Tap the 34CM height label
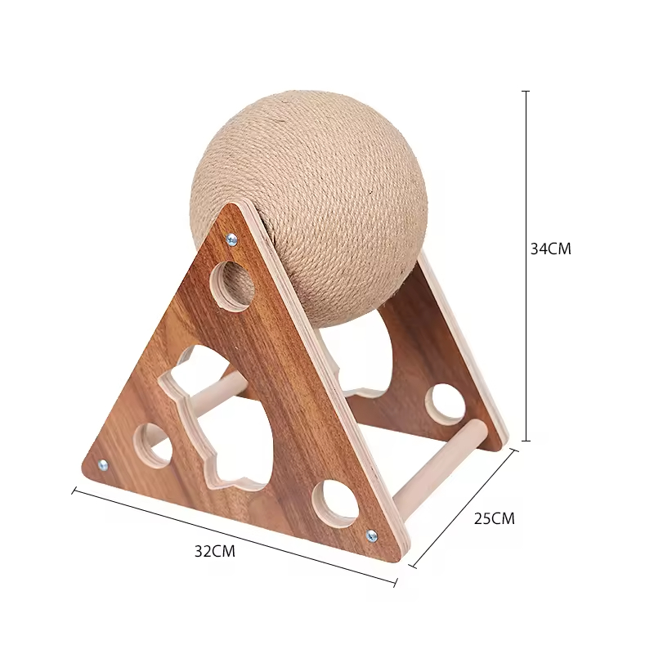pyautogui.click(x=550, y=249)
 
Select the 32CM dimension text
pyautogui.click(x=214, y=551)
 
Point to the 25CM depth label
pyautogui.click(x=495, y=518)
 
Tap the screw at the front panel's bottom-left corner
pyautogui.click(x=103, y=465)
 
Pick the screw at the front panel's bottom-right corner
pyautogui.click(x=372, y=536)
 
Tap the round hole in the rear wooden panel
pyautogui.click(x=446, y=404)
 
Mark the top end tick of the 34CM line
pyautogui.click(x=526, y=91)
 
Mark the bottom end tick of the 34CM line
pyautogui.click(x=526, y=441)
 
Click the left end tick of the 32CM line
pyautogui.click(x=74, y=491)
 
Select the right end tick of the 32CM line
pyautogui.click(x=396, y=583)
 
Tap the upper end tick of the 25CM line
pyautogui.click(x=514, y=450)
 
